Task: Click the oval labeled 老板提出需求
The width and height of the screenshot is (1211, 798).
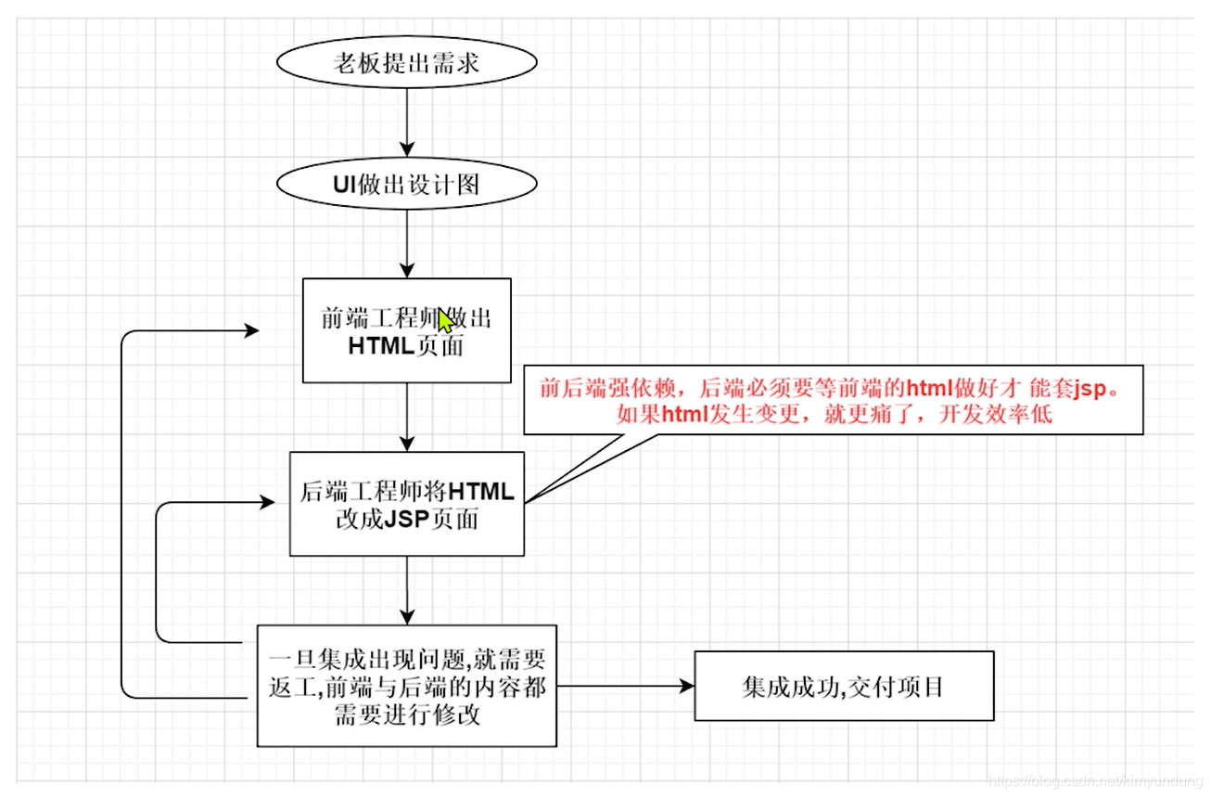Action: pyautogui.click(x=406, y=64)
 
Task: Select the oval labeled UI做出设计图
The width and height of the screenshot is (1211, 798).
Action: pyautogui.click(x=406, y=185)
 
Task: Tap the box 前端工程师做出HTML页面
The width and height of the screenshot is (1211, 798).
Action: pyautogui.click(x=406, y=331)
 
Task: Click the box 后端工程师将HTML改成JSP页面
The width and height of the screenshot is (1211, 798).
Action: pyautogui.click(x=406, y=504)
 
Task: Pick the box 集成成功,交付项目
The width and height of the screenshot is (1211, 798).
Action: pyautogui.click(x=843, y=686)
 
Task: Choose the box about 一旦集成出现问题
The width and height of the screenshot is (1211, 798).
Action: pyautogui.click(x=406, y=686)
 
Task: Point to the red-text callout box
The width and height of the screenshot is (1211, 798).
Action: pyautogui.click(x=833, y=400)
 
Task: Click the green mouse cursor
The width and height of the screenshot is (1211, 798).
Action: pyautogui.click(x=445, y=322)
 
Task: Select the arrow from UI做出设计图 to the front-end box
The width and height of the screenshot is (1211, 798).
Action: pyautogui.click(x=406, y=243)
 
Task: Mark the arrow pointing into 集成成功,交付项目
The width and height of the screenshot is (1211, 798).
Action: pyautogui.click(x=626, y=686)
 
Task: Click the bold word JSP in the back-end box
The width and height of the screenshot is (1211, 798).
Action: pyautogui.click(x=404, y=520)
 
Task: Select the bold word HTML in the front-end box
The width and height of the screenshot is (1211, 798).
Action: pyautogui.click(x=381, y=347)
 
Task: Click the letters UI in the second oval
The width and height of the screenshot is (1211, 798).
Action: pyautogui.click(x=345, y=185)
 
